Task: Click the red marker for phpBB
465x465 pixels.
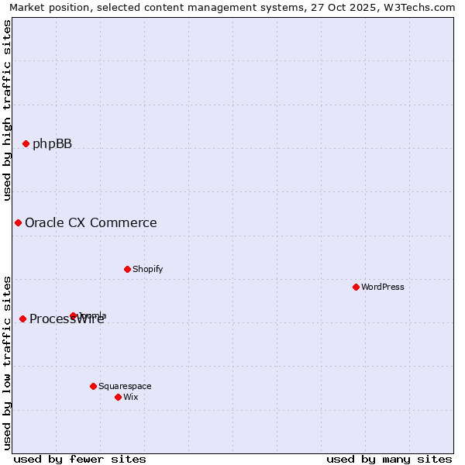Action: tap(26, 143)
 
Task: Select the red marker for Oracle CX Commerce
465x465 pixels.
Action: tap(18, 223)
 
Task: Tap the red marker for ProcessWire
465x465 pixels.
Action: tap(22, 319)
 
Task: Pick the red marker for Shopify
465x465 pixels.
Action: tap(127, 269)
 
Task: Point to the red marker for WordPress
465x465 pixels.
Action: tap(356, 287)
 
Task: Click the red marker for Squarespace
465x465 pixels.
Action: tap(93, 386)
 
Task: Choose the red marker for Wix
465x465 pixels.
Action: tap(118, 397)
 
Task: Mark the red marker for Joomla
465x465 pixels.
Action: tap(73, 315)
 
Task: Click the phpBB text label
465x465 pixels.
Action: tap(52, 143)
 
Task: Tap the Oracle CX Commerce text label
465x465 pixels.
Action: tap(91, 223)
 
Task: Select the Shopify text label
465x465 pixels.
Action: tap(147, 269)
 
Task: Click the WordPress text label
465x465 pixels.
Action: tap(383, 287)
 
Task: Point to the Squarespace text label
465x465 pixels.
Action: tap(125, 386)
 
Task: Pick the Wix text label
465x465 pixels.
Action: tap(130, 397)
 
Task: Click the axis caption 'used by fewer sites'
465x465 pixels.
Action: tap(80, 459)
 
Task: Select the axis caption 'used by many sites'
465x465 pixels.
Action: tap(389, 459)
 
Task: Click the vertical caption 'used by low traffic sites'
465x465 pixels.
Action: tap(7, 363)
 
